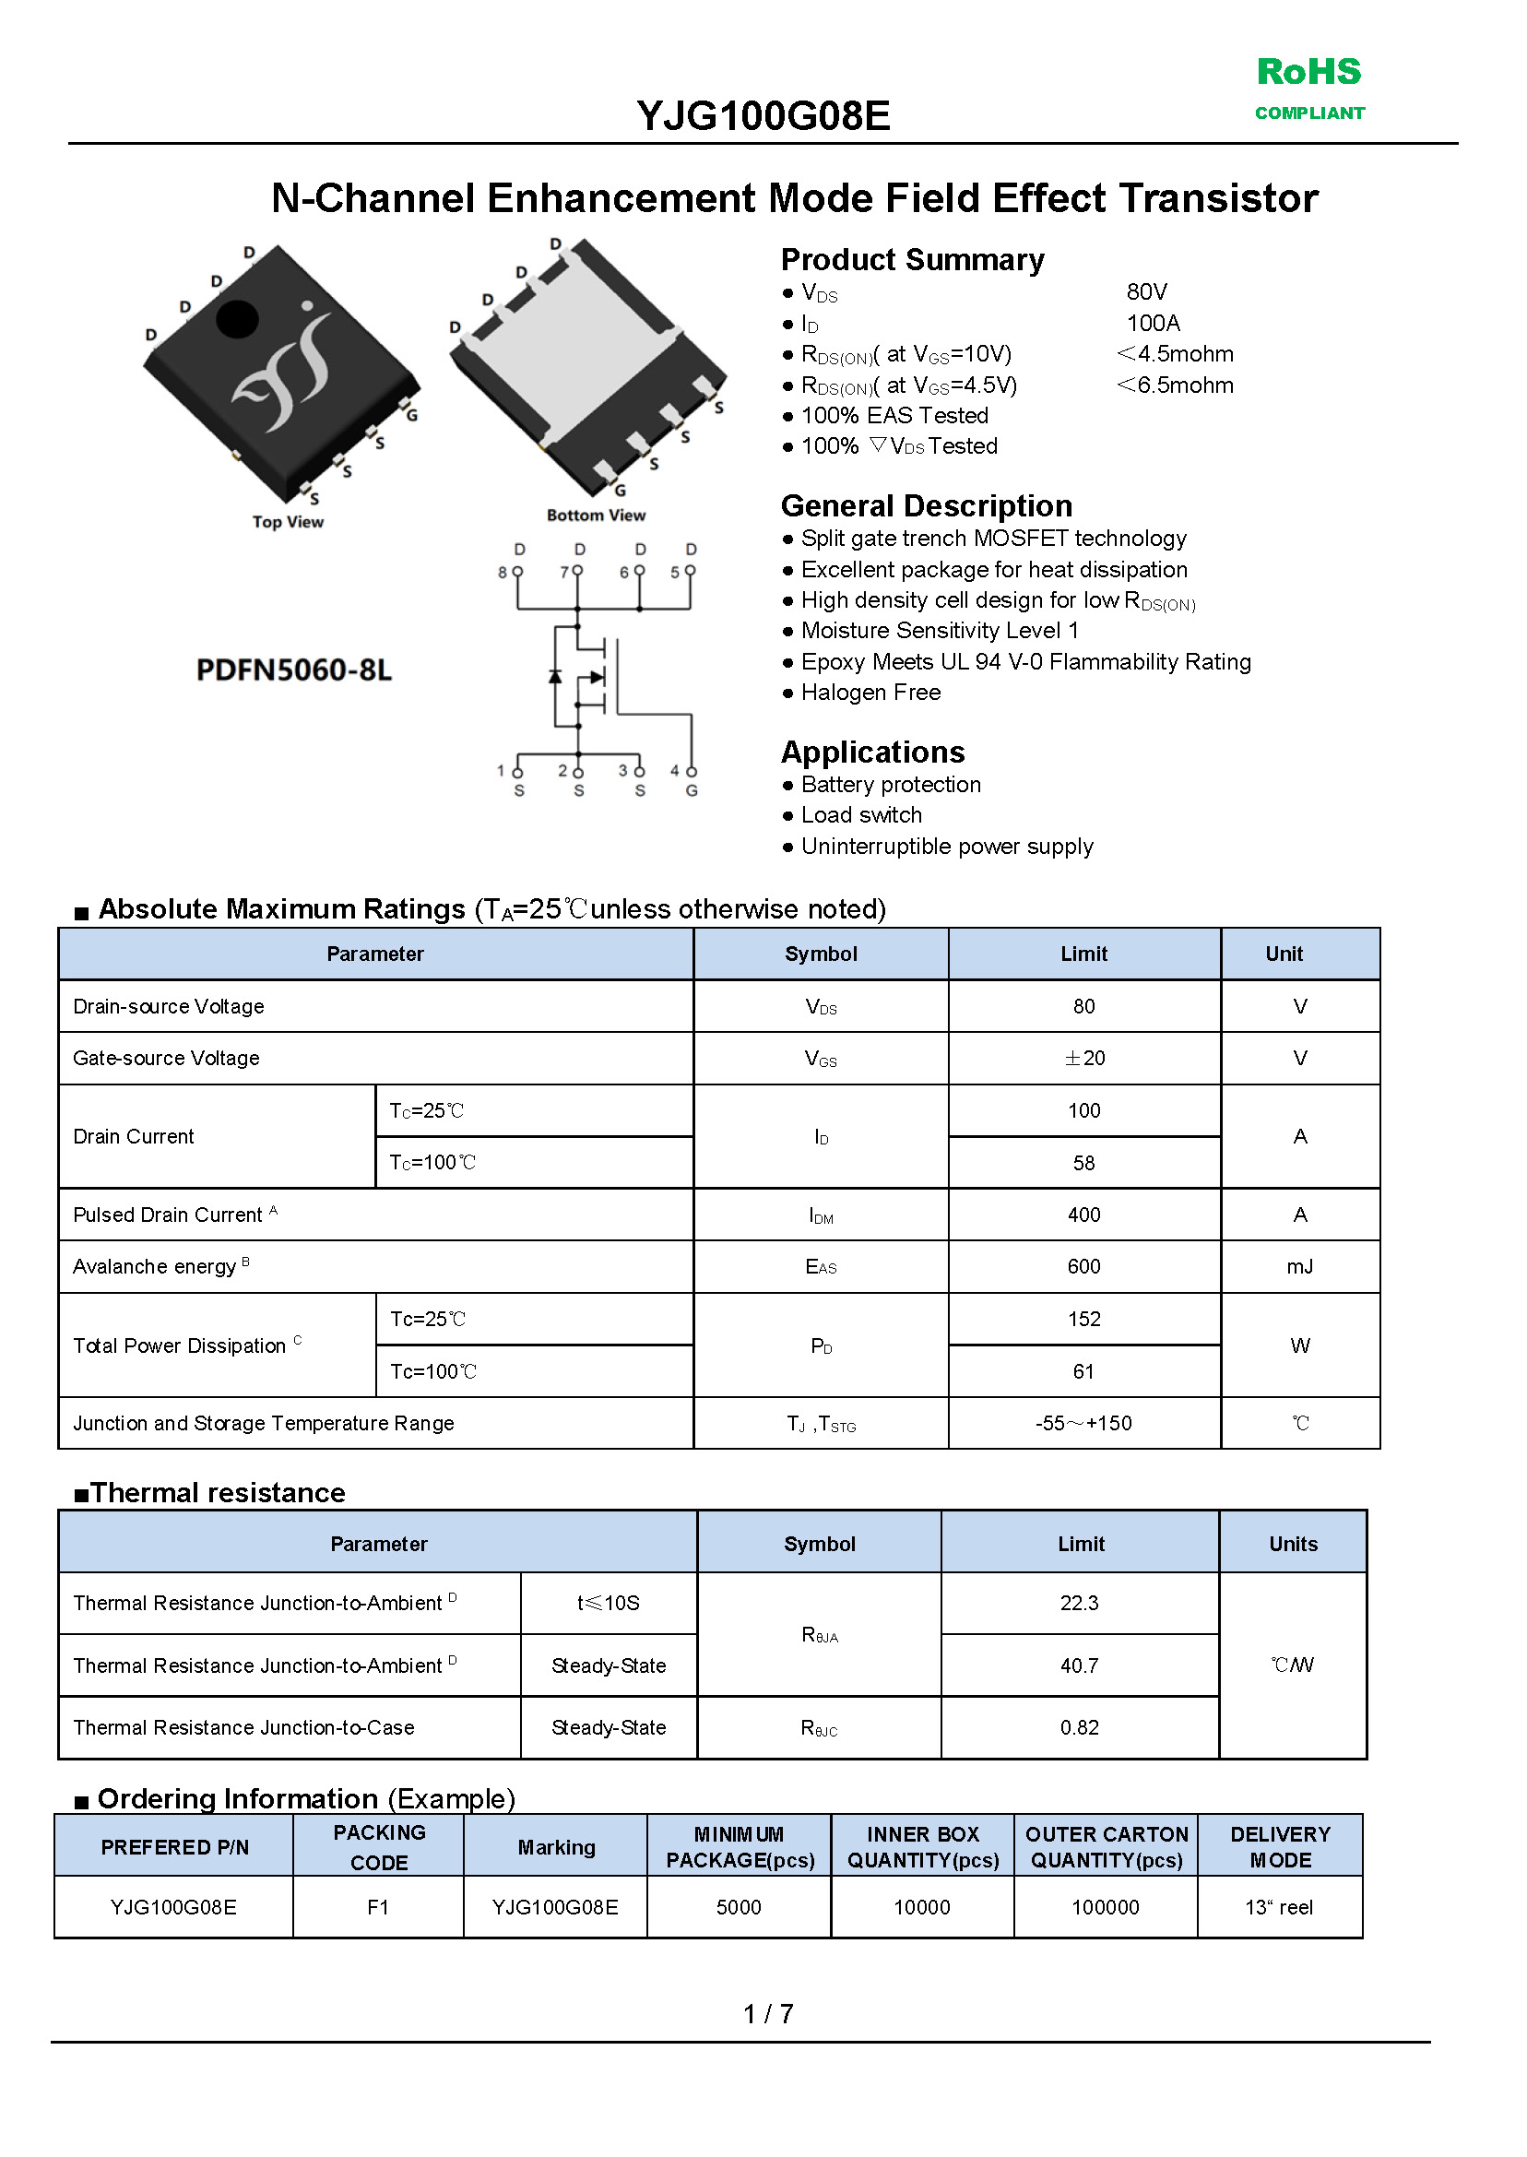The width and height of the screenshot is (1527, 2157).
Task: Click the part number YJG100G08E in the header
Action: point(763,116)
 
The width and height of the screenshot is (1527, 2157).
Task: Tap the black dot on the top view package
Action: point(237,319)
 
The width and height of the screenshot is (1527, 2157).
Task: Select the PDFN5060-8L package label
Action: point(293,670)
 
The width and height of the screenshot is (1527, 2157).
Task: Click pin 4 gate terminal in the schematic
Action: point(691,772)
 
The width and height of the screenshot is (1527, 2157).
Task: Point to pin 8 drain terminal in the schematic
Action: point(518,571)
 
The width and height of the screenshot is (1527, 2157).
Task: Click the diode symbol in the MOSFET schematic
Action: point(555,677)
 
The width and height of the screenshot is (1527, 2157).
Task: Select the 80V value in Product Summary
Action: point(1146,292)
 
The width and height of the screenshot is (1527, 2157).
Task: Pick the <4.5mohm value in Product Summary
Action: point(1175,354)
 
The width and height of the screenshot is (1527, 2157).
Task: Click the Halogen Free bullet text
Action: point(870,693)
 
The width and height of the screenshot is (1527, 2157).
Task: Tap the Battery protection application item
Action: point(890,785)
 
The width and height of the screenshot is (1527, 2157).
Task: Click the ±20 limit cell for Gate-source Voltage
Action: point(1083,1059)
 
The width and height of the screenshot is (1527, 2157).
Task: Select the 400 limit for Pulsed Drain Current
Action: point(1083,1215)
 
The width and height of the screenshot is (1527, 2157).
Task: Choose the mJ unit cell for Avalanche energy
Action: point(1299,1267)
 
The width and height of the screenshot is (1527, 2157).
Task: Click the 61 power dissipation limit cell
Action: point(1083,1372)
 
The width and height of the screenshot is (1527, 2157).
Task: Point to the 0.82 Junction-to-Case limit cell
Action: point(1079,1728)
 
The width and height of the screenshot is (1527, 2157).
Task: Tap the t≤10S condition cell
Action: point(609,1603)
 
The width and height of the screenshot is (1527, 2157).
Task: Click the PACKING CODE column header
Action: point(379,1848)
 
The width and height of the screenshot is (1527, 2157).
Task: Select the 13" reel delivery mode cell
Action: point(1279,1908)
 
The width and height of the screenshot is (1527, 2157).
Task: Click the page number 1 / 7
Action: point(767,2014)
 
